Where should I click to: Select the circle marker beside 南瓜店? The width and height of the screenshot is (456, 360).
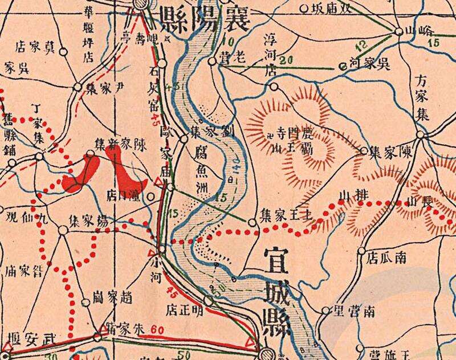coord(362,251)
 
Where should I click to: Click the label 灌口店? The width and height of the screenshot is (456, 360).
coord(125,196)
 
